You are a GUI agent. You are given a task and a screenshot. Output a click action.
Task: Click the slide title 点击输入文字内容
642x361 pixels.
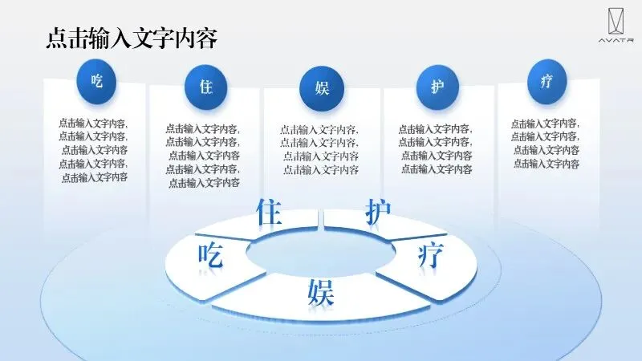click(x=132, y=38)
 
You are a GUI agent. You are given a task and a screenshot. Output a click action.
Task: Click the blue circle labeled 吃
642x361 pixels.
click(x=97, y=80)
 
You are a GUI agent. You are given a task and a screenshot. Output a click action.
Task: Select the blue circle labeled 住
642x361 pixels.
click(x=206, y=87)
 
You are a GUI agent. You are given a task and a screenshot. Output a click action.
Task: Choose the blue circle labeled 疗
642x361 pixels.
click(x=547, y=82)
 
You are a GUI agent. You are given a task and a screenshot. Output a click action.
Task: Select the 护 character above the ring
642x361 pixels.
click(x=378, y=213)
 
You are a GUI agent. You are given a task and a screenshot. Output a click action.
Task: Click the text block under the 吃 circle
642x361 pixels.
click(x=94, y=150)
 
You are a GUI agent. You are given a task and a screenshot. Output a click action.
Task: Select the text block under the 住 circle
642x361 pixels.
click(x=203, y=156)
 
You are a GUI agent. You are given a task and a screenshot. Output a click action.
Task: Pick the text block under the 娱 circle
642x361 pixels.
click(x=319, y=150)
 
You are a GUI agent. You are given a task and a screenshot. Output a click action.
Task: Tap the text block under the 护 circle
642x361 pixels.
click(x=436, y=149)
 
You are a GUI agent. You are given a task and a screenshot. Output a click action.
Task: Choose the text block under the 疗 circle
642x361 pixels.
click(x=546, y=144)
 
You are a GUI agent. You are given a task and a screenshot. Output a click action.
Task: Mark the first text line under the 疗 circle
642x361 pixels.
click(x=546, y=124)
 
